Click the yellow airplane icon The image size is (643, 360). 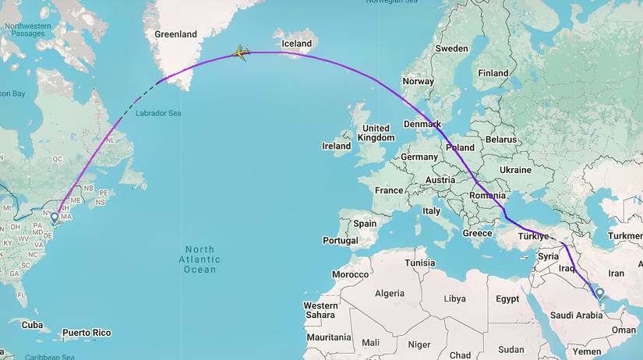click(241, 53)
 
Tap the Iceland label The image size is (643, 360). click(296, 44)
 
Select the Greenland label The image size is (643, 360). click(175, 34)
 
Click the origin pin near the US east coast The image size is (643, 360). click(55, 218)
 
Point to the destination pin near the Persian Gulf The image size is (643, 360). click(599, 294)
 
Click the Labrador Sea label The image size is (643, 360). click(158, 113)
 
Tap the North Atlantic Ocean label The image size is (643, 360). click(200, 259)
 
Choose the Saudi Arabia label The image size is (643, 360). click(576, 316)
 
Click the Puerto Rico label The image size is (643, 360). click(87, 333)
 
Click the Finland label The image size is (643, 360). click(493, 73)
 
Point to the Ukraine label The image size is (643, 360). click(515, 170)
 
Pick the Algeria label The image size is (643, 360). click(390, 293)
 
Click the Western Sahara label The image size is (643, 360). click(320, 310)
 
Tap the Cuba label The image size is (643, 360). click(31, 325)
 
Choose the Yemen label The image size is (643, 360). click(586, 351)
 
